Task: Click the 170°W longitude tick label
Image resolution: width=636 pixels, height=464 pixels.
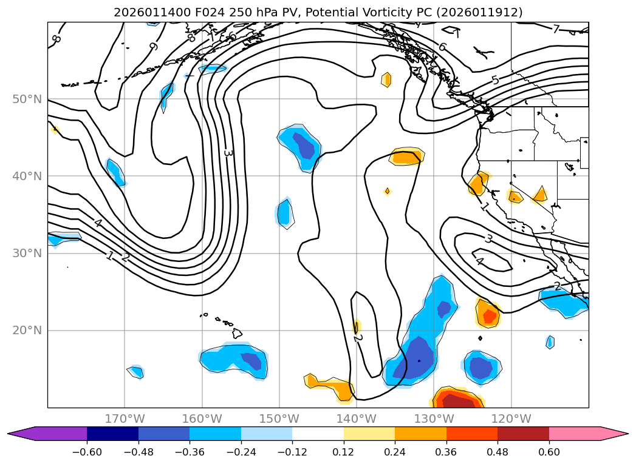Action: [x=125, y=419]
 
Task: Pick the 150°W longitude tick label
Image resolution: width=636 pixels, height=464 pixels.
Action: [x=279, y=419]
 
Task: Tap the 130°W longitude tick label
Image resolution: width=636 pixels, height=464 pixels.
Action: [x=434, y=419]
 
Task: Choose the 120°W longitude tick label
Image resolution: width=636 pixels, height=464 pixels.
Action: [x=511, y=419]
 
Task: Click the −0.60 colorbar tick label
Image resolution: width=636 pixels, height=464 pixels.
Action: [x=87, y=452]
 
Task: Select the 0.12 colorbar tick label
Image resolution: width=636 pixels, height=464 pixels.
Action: [x=343, y=452]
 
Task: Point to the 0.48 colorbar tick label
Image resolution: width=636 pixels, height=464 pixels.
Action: [x=498, y=452]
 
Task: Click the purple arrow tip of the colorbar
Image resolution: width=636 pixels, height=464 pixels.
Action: [x=13, y=434]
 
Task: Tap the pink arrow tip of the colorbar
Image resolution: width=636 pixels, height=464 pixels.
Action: [x=623, y=434]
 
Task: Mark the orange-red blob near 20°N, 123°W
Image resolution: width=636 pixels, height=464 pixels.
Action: [x=487, y=314]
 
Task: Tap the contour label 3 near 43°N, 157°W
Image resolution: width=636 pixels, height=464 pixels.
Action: [x=228, y=153]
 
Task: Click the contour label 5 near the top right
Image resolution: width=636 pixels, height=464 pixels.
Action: [x=495, y=80]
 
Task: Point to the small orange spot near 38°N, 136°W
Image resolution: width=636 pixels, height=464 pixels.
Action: [x=387, y=191]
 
